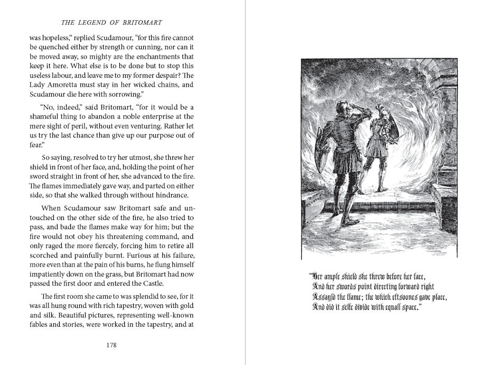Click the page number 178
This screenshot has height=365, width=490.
coord(111,345)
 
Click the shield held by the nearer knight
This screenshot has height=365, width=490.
coord(324,142)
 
